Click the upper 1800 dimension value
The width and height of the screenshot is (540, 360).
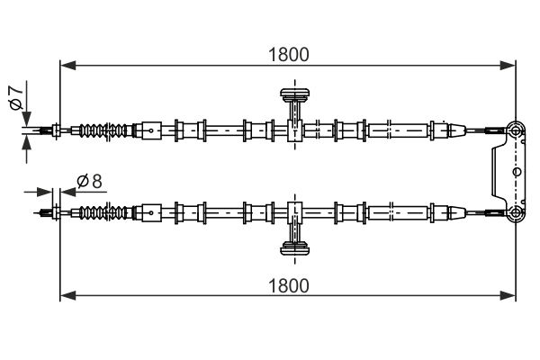[289, 54]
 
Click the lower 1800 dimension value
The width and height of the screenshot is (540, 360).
[289, 285]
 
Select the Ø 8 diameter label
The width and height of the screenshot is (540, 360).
[90, 181]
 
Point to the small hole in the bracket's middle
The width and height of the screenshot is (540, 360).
[516, 170]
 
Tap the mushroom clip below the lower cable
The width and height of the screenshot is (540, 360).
[294, 249]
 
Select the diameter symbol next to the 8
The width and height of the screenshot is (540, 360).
[82, 181]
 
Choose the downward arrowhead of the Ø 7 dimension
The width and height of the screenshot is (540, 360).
[26, 121]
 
